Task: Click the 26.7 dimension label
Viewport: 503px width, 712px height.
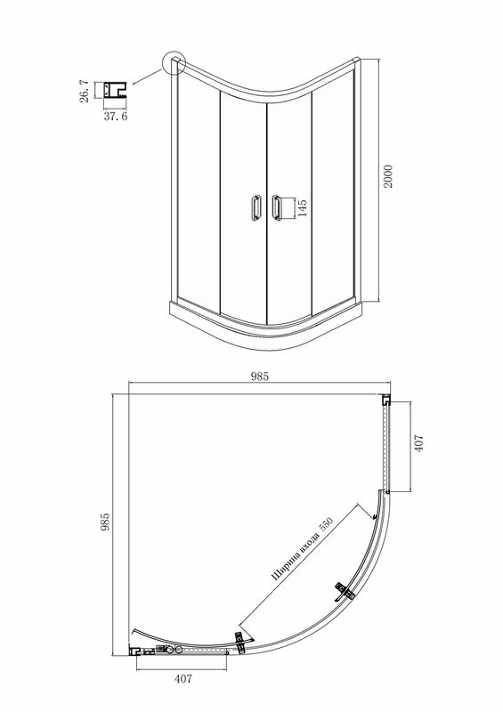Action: (85, 91)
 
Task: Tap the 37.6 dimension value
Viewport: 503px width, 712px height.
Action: (116, 117)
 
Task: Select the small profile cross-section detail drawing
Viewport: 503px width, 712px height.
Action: (115, 91)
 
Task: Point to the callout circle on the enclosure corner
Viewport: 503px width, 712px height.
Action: (174, 63)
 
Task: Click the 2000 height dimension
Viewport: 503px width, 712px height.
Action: (387, 177)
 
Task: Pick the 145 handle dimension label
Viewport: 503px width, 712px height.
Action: (302, 208)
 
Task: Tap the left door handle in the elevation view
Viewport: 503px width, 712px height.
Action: (256, 207)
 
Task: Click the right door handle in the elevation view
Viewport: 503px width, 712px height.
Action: (276, 207)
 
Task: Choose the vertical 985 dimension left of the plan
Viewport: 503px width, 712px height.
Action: (105, 522)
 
